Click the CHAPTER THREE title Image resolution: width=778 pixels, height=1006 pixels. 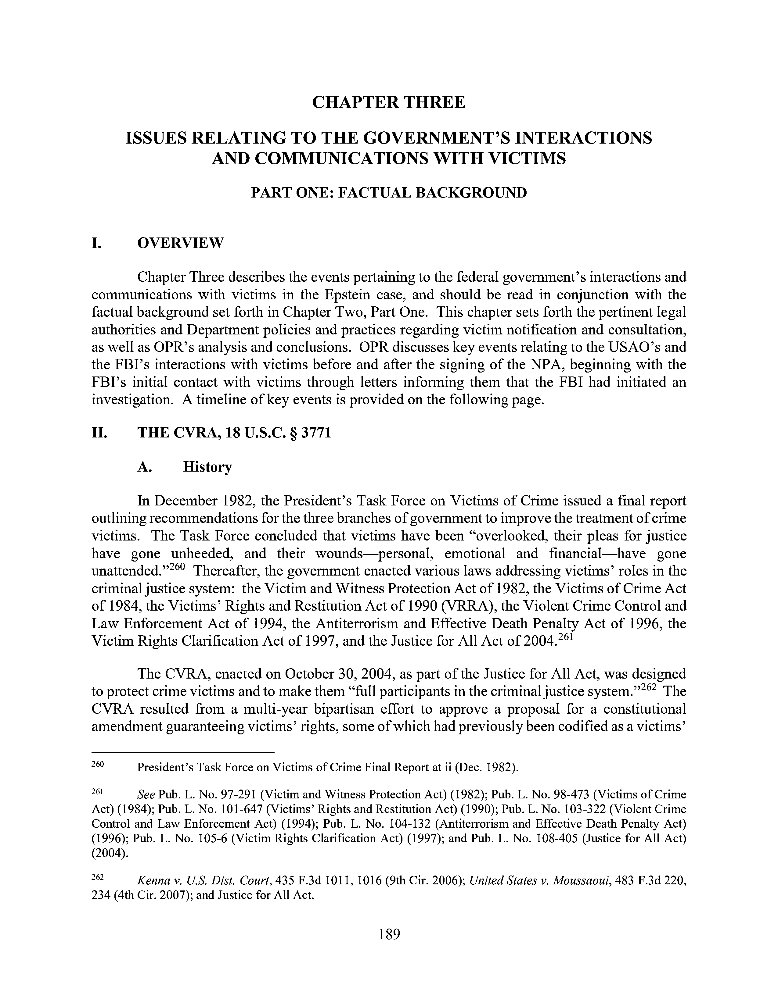tap(388, 102)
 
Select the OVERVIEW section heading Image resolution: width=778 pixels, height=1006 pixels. tap(180, 243)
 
